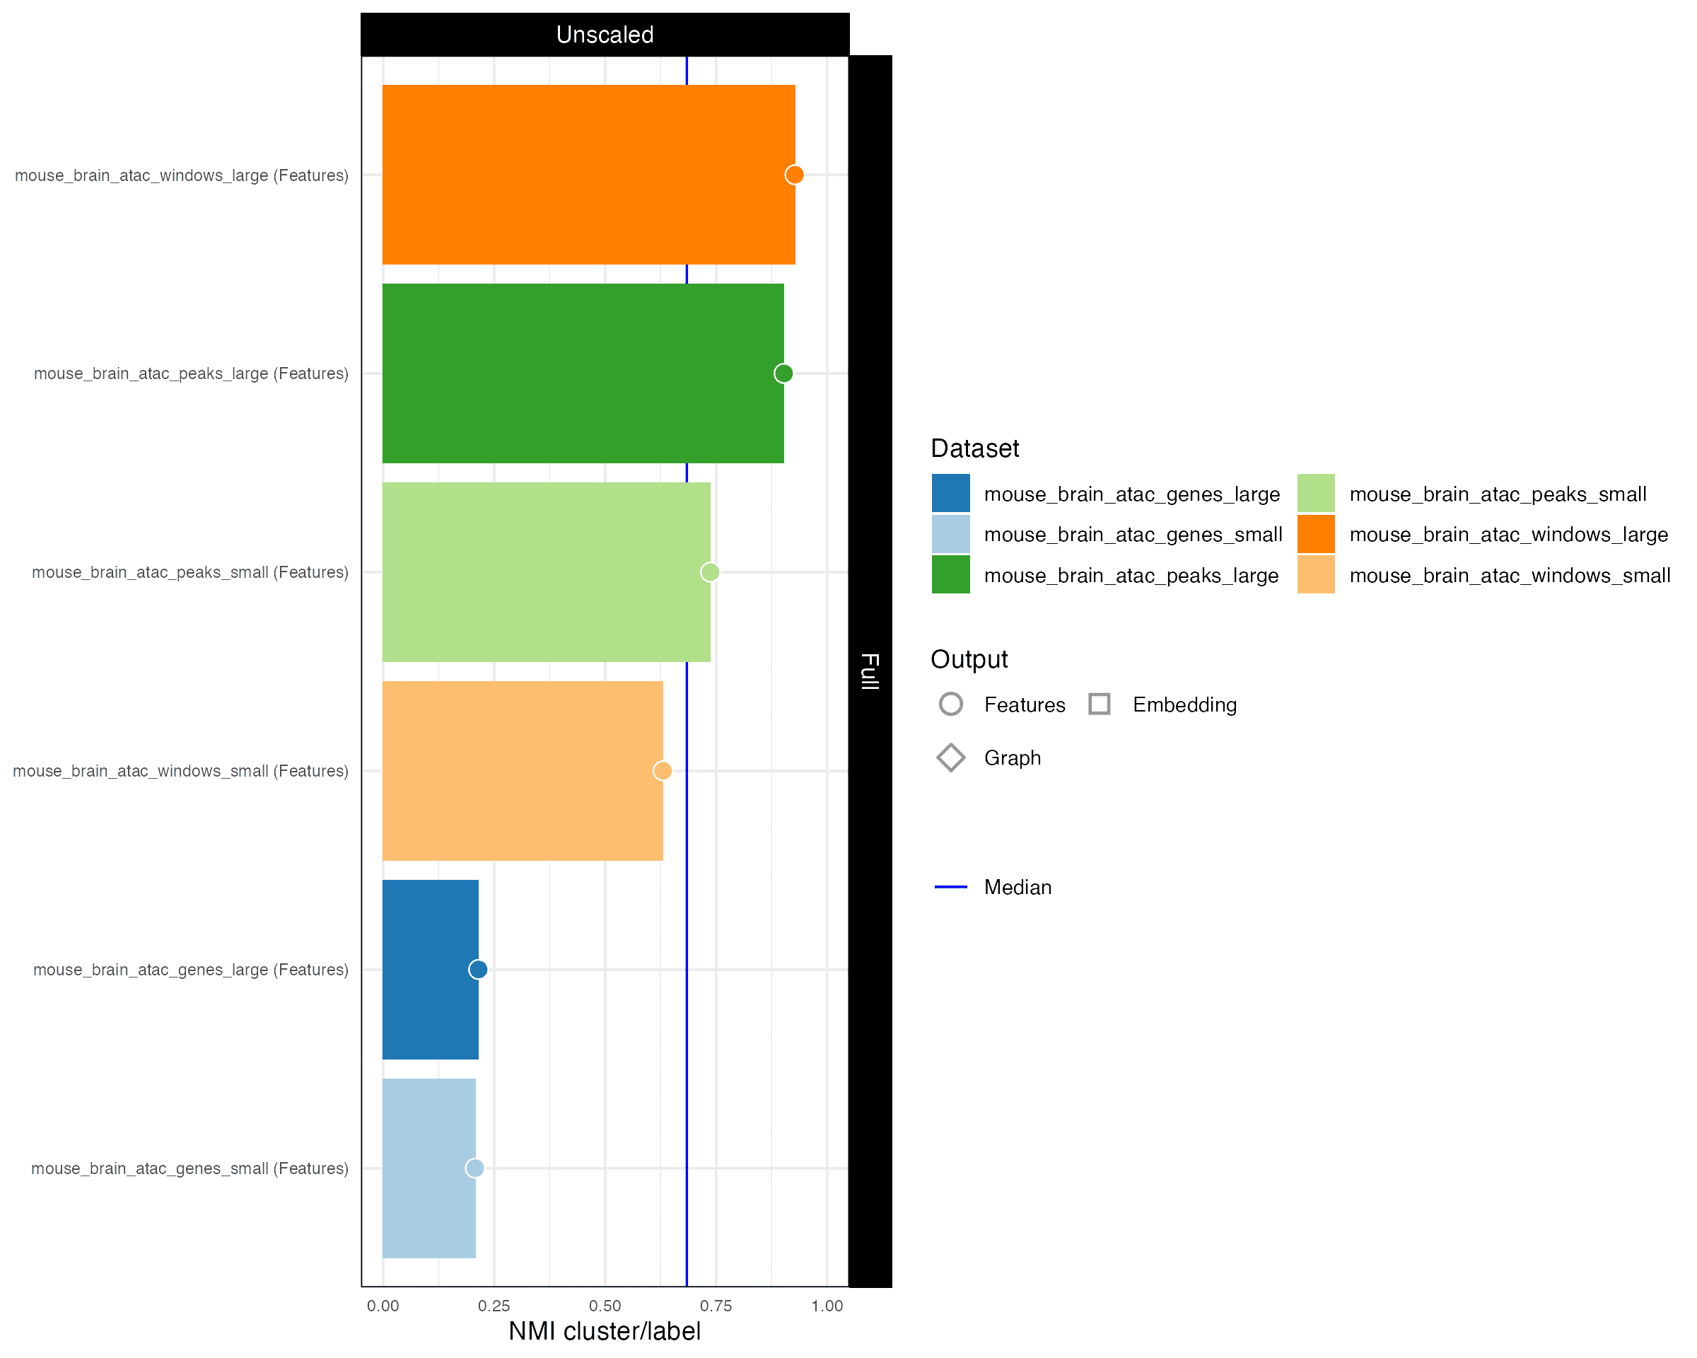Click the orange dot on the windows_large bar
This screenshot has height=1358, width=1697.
click(794, 175)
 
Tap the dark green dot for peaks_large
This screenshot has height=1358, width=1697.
click(783, 373)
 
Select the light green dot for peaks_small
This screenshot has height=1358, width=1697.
click(710, 572)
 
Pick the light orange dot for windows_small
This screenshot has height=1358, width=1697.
click(663, 771)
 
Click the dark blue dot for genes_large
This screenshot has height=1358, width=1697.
click(478, 969)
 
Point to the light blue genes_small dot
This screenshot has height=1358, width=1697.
click(474, 1168)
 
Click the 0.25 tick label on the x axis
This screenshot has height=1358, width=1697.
click(494, 1306)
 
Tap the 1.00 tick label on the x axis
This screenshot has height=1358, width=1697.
click(827, 1306)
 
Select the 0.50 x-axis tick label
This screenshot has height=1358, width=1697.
click(605, 1306)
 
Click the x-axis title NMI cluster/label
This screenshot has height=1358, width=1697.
click(605, 1331)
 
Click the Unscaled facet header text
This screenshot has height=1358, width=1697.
click(605, 35)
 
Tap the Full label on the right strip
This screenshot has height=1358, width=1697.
click(870, 671)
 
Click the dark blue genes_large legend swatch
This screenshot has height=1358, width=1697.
click(951, 494)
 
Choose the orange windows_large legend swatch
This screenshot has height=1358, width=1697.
click(1316, 535)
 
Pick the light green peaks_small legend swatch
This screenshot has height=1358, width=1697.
click(1316, 494)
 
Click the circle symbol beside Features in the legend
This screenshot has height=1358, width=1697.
click(951, 704)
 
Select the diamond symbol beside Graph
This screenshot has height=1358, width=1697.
click(951, 758)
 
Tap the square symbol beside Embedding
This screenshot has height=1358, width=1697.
click(1100, 704)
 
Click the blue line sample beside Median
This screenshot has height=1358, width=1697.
click(951, 887)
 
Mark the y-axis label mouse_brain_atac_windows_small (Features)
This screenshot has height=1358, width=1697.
click(180, 772)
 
